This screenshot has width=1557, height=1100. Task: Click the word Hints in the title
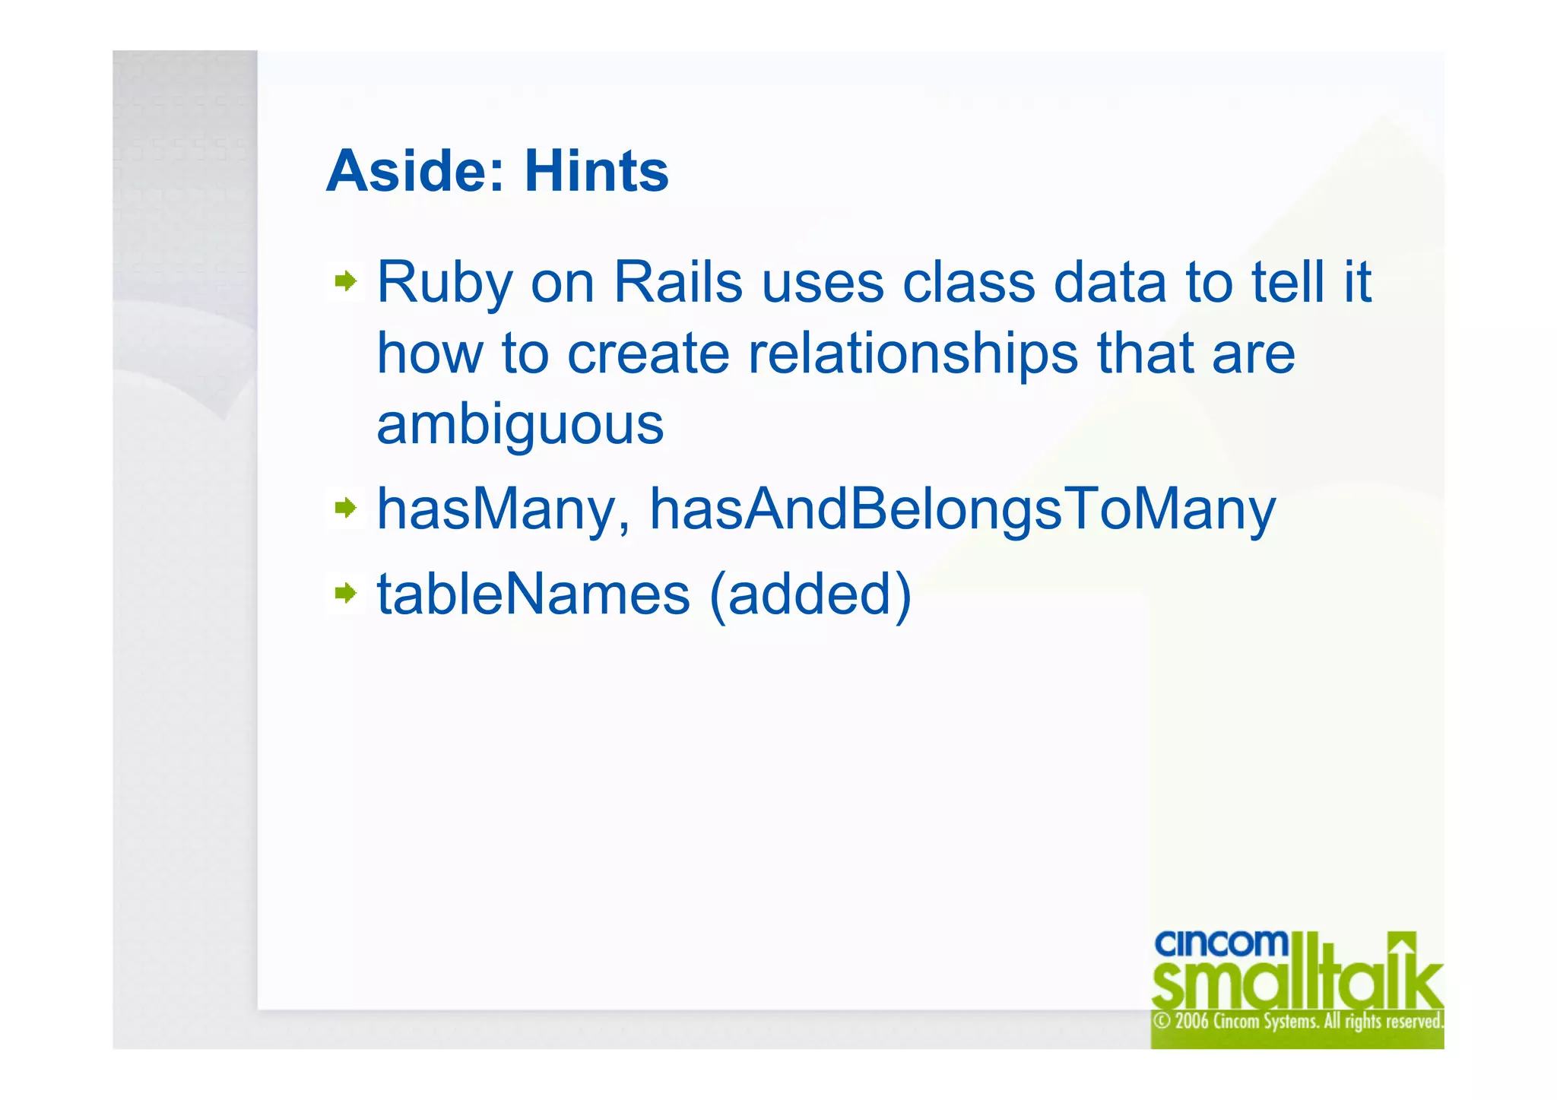pyautogui.click(x=596, y=171)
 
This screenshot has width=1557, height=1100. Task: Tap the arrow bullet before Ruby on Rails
pyautogui.click(x=346, y=281)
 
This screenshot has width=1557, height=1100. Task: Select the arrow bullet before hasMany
pyautogui.click(x=346, y=507)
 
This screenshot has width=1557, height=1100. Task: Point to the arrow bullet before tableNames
pyautogui.click(x=346, y=592)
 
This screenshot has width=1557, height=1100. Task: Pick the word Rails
pyautogui.click(x=677, y=283)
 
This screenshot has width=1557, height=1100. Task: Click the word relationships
pyautogui.click(x=912, y=354)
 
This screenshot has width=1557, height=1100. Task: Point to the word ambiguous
pyautogui.click(x=520, y=426)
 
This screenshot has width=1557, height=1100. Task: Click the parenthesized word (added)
pyautogui.click(x=810, y=594)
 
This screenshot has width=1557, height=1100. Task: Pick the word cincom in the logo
pyautogui.click(x=1221, y=943)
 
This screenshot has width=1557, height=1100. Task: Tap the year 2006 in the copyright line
pyautogui.click(x=1192, y=1020)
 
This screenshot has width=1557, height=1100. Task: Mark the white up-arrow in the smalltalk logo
pyautogui.click(x=1403, y=945)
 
